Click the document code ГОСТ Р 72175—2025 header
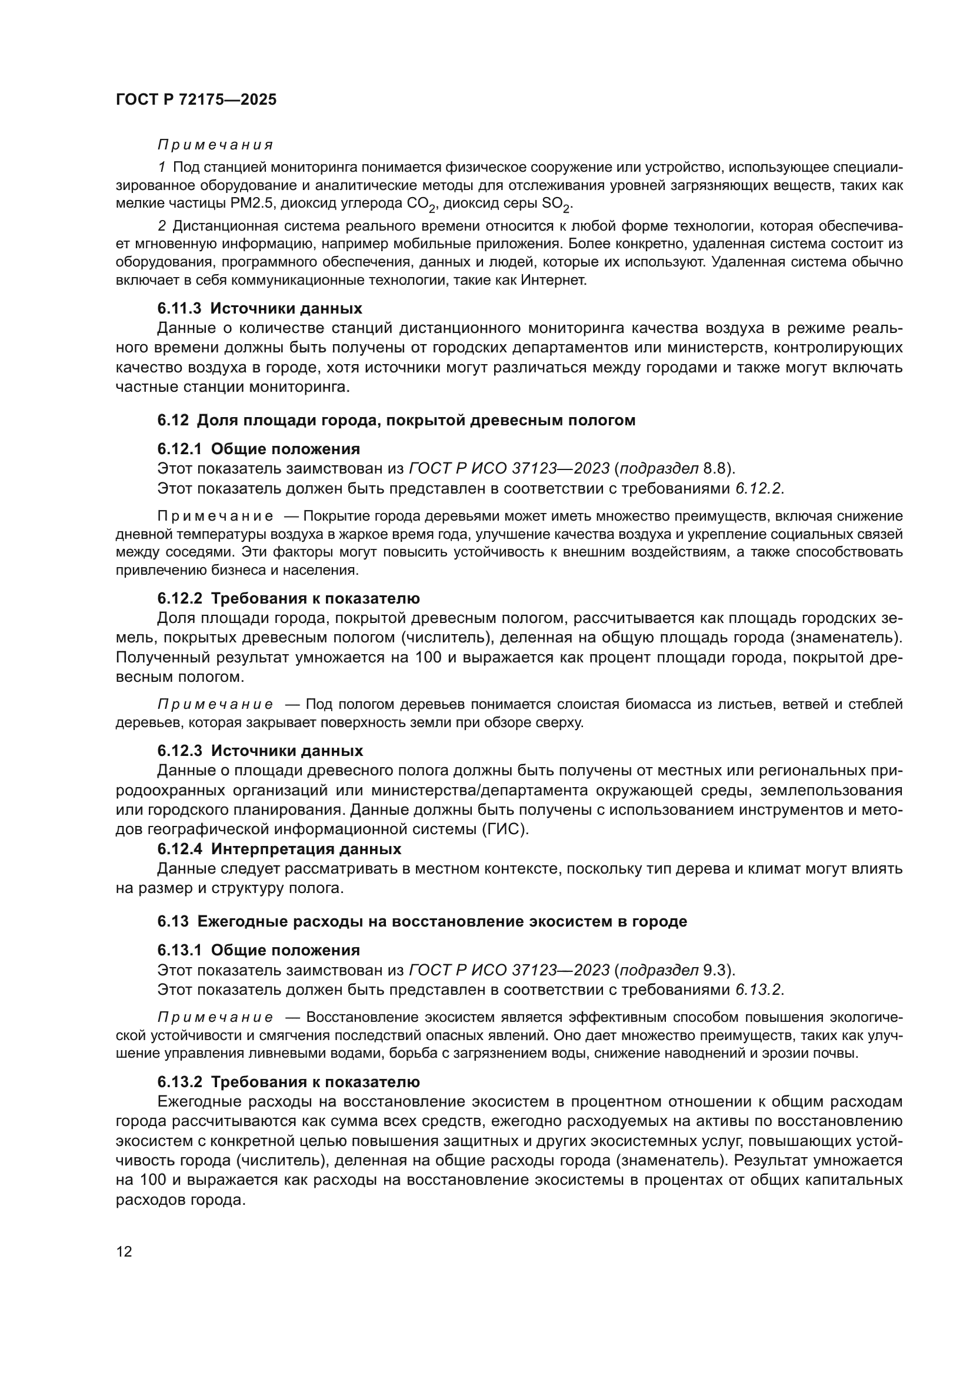tap(196, 99)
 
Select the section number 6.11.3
tap(180, 309)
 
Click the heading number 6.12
tap(173, 420)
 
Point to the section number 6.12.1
tap(180, 449)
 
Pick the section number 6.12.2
tap(180, 598)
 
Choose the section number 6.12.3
tap(180, 751)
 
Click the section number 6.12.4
tap(180, 849)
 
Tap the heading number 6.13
tap(173, 921)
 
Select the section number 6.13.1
tap(180, 950)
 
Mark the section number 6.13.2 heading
tap(180, 1082)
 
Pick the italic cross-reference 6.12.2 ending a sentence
tap(758, 488)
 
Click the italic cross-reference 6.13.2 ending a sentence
tap(758, 989)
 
